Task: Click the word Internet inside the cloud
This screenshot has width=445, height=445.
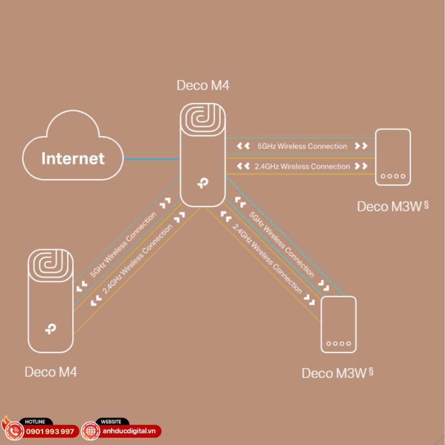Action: click(x=73, y=158)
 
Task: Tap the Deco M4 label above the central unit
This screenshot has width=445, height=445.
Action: click(x=203, y=85)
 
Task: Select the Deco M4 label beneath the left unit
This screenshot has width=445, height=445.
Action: click(x=51, y=372)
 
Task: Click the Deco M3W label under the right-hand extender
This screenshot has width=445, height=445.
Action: click(x=390, y=207)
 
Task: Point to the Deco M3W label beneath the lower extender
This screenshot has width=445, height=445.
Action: click(x=334, y=373)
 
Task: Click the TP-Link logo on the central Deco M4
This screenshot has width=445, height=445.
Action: click(x=203, y=183)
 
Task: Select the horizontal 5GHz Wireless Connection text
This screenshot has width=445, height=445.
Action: click(x=302, y=147)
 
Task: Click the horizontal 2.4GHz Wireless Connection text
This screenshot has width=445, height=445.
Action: click(x=302, y=166)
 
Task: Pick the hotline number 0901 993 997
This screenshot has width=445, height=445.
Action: click(x=50, y=431)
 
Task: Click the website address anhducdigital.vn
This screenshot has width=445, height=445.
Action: click(x=129, y=431)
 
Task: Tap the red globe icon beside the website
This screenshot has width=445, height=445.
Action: click(x=91, y=431)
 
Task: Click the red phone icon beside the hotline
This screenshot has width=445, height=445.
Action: click(x=14, y=431)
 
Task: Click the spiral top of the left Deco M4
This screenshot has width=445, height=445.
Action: click(x=51, y=265)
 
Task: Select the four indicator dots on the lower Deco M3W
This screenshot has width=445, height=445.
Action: click(x=338, y=344)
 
